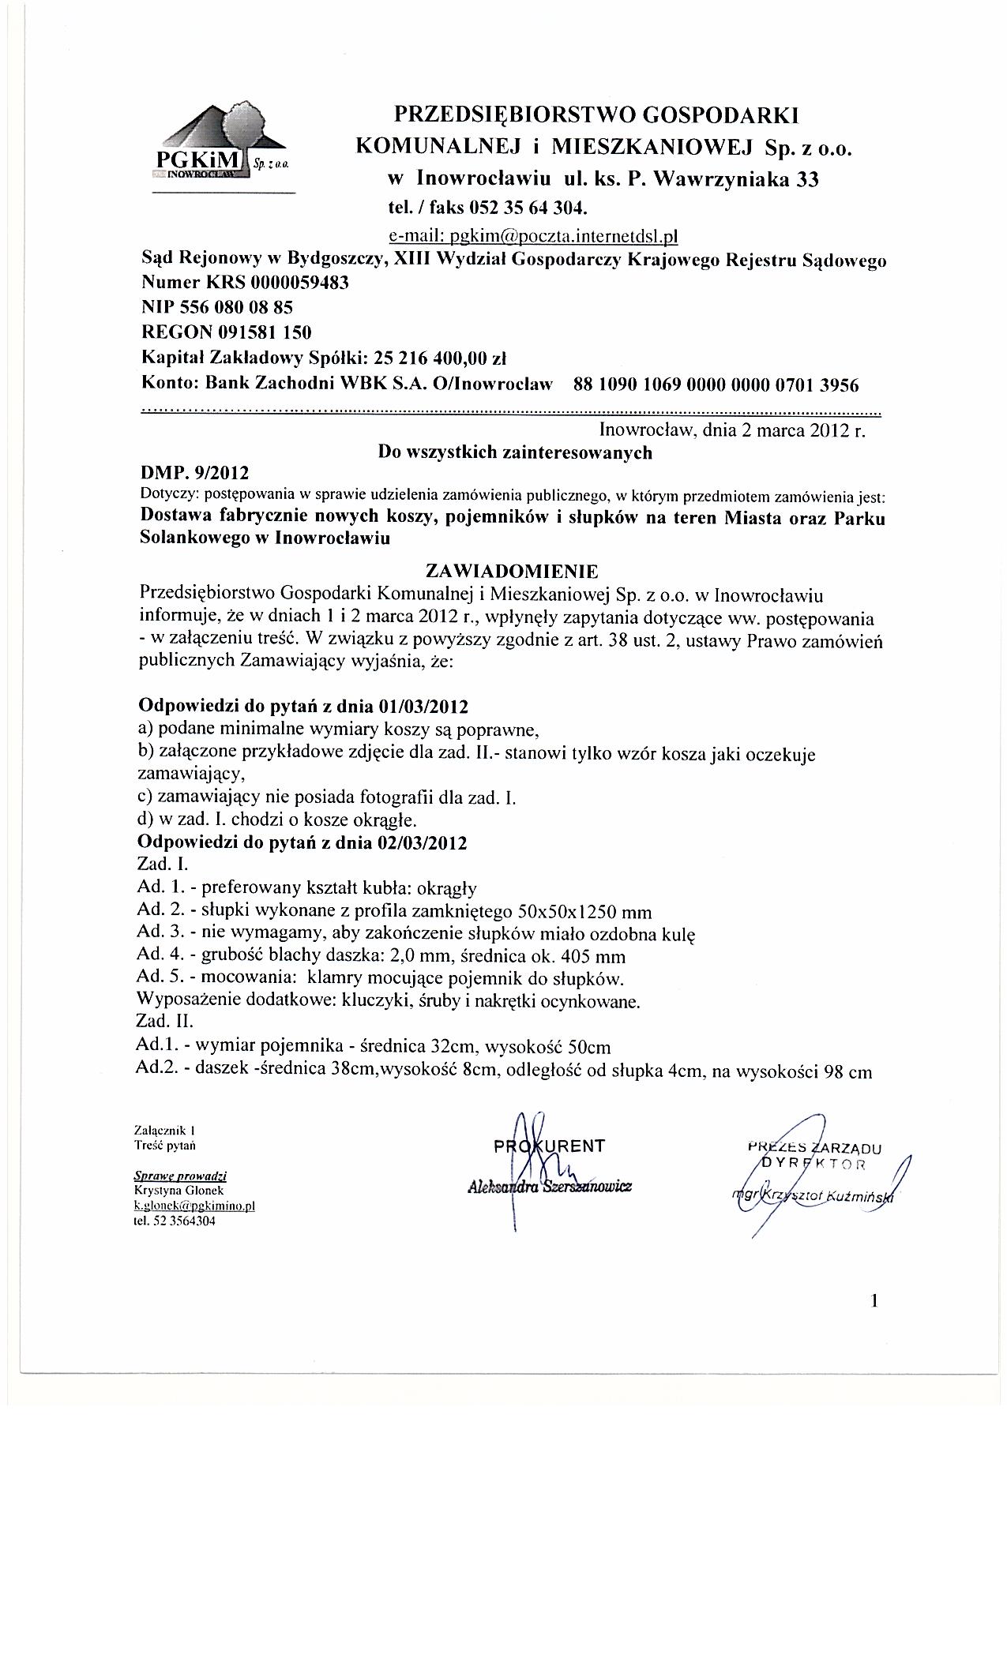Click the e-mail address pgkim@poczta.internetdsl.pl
click(534, 235)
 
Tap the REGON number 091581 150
click(259, 332)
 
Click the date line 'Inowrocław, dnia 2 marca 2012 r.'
click(733, 431)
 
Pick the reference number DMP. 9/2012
click(194, 473)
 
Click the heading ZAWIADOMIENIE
click(512, 571)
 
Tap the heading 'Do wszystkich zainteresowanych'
click(515, 452)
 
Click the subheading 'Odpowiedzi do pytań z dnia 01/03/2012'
click(303, 704)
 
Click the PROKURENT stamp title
click(549, 1146)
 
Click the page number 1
click(874, 1301)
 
